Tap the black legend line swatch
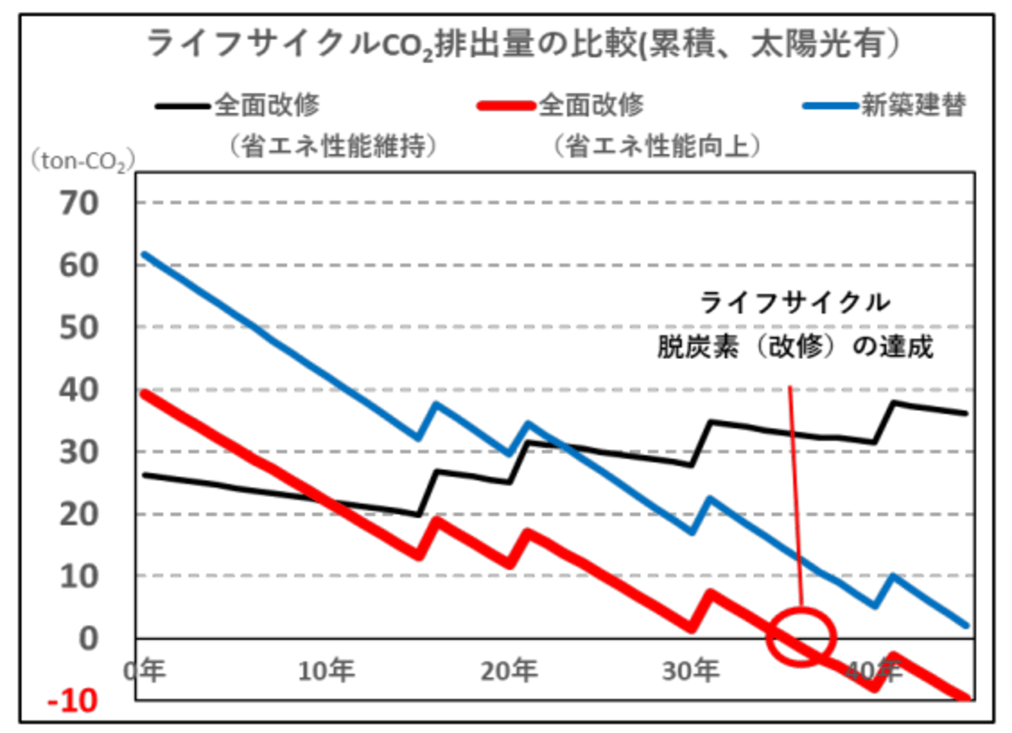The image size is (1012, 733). [180, 106]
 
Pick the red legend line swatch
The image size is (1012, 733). [505, 106]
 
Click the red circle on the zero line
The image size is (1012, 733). [800, 638]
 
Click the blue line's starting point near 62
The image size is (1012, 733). [144, 254]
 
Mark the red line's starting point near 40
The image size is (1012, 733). [144, 392]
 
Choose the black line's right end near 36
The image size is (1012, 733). [966, 413]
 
